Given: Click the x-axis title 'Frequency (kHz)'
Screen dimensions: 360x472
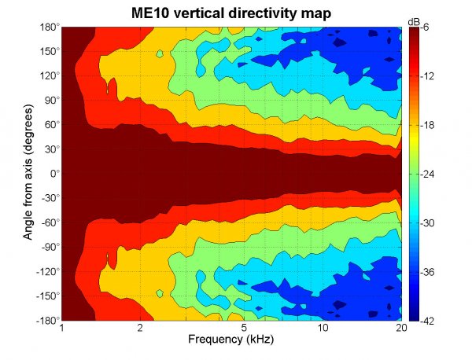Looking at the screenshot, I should pos(231,342).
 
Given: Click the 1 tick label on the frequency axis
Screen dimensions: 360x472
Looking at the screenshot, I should pos(62,329).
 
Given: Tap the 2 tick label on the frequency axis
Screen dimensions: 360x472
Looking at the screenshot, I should pos(139,329).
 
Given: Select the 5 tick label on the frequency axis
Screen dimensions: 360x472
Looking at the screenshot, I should pos(245,329).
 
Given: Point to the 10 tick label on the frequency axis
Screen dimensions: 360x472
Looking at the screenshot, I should pos(323,329).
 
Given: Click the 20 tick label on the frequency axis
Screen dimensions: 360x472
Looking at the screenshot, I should pos(401,329).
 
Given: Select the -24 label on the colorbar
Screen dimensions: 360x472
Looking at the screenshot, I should pos(429,174).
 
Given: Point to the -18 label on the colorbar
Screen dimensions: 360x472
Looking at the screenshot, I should pos(429,125).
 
